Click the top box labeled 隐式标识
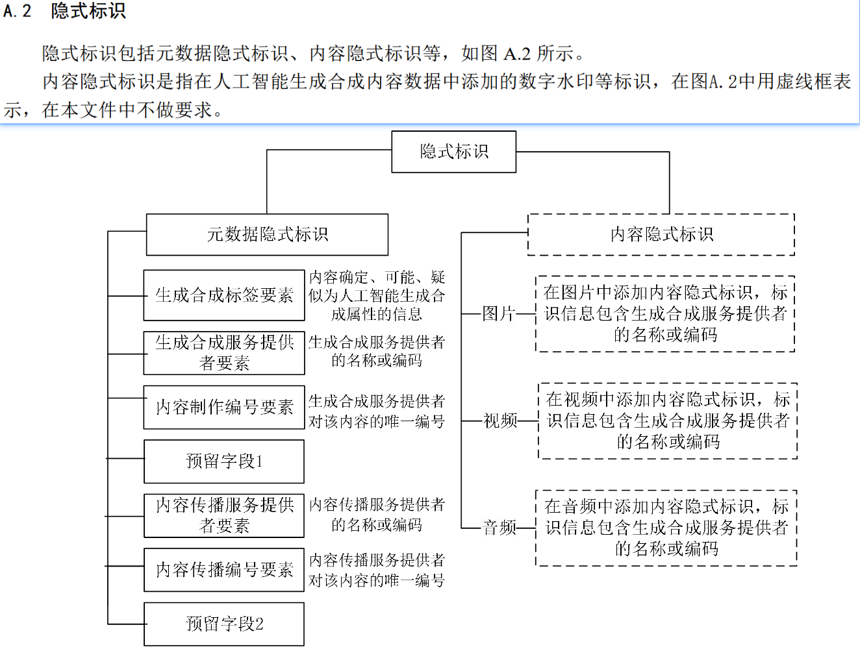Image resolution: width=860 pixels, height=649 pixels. pyautogui.click(x=453, y=151)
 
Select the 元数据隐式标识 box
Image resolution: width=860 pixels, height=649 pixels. pyautogui.click(x=267, y=234)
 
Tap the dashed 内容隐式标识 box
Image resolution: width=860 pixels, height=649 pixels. pyautogui.click(x=661, y=234)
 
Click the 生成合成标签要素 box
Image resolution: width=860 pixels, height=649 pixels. pyautogui.click(x=223, y=295)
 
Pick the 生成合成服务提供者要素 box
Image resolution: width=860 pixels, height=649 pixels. pyautogui.click(x=223, y=353)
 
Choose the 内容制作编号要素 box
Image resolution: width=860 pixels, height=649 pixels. pyautogui.click(x=223, y=407)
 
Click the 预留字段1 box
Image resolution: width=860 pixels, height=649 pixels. pyautogui.click(x=223, y=461)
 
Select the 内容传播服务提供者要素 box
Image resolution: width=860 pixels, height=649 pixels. pyautogui.click(x=223, y=515)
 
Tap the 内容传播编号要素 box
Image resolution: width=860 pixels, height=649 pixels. pyautogui.click(x=223, y=570)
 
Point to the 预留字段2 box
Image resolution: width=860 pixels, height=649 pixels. pyautogui.click(x=223, y=624)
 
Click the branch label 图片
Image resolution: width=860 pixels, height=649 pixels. pyautogui.click(x=498, y=313)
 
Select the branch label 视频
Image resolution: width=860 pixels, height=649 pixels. pyautogui.click(x=500, y=421)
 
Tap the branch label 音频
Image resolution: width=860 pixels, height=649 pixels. pyautogui.click(x=500, y=528)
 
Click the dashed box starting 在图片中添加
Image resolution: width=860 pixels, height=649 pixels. pyautogui.click(x=665, y=313)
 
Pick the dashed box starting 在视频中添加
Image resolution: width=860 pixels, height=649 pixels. pyautogui.click(x=668, y=421)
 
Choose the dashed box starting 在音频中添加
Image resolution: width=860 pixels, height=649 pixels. pyautogui.click(x=666, y=528)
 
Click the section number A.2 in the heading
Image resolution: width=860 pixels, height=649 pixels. pyautogui.click(x=17, y=10)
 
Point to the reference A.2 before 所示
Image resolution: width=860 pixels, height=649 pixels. pyautogui.click(x=517, y=54)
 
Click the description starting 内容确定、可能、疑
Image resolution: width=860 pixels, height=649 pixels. pyautogui.click(x=377, y=295)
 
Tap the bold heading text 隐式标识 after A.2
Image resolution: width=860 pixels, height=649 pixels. pyautogui.click(x=88, y=10)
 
